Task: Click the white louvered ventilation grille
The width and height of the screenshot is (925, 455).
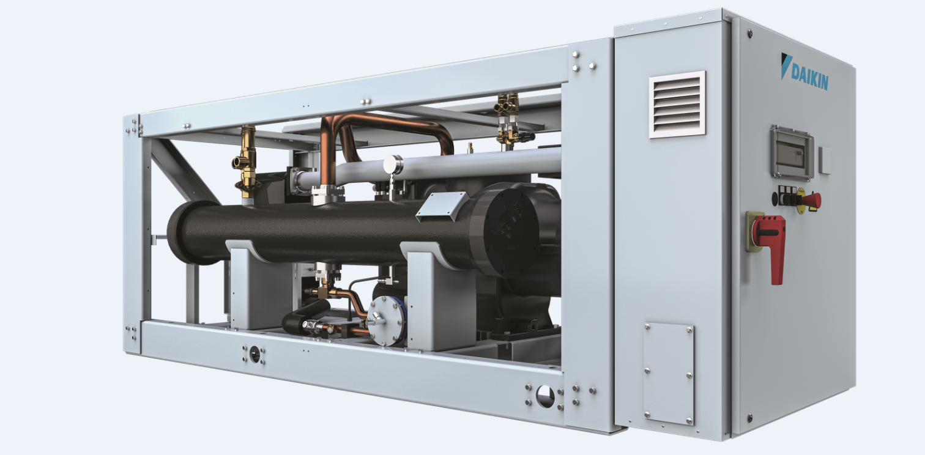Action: [x=677, y=104]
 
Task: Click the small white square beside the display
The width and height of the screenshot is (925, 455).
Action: [x=825, y=160]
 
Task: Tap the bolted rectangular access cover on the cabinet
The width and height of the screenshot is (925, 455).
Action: [x=668, y=374]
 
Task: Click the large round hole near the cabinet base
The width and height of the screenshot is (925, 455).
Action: [x=544, y=396]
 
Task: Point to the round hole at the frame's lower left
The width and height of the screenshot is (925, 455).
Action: [x=254, y=354]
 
